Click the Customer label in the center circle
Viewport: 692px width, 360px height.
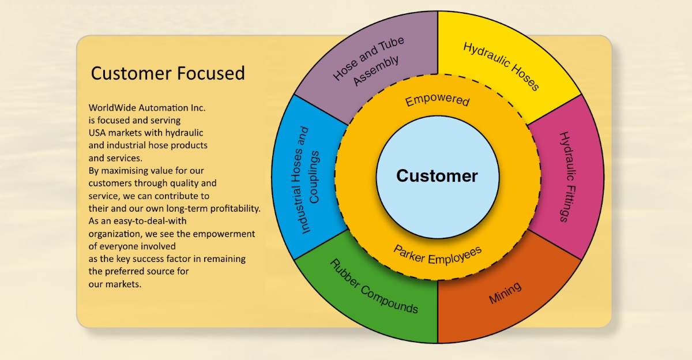pos(437,176)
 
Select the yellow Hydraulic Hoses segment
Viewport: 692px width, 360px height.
pos(501,66)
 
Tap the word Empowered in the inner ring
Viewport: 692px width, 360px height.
pos(437,100)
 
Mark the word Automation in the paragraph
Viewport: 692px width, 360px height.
pos(160,108)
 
